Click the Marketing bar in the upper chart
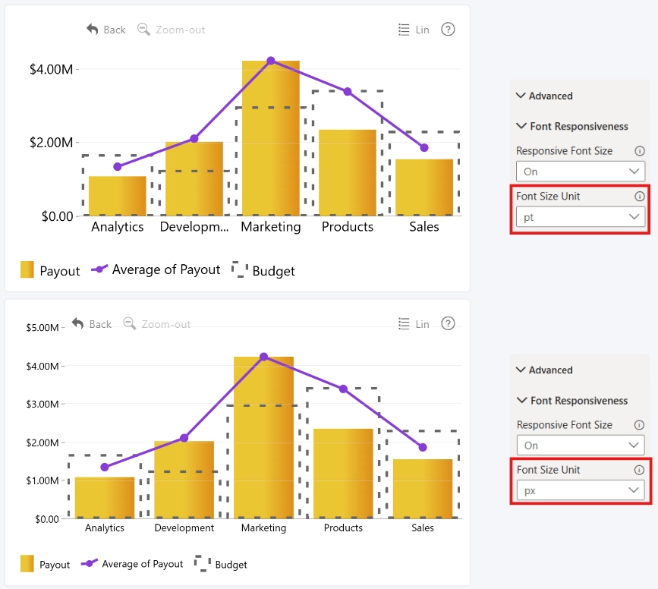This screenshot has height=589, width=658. click(271, 138)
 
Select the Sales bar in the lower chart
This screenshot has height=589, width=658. click(423, 489)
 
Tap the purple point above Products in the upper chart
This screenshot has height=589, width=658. click(348, 92)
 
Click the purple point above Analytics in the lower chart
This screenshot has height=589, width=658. click(105, 468)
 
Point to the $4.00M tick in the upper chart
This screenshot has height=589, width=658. click(51, 69)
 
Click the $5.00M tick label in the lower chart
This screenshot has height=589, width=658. click(43, 327)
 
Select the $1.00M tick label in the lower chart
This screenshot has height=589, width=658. click(43, 480)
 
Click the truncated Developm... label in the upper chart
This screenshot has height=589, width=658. click(194, 227)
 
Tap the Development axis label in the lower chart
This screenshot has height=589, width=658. click(184, 528)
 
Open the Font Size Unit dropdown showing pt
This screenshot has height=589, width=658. click(581, 217)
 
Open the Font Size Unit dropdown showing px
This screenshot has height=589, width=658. click(581, 490)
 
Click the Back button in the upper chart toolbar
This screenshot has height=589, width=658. click(105, 30)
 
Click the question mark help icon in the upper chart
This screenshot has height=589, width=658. click(448, 30)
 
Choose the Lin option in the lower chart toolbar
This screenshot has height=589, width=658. click(414, 324)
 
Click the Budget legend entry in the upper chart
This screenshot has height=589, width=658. click(263, 270)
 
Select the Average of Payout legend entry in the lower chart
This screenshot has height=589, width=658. click(132, 564)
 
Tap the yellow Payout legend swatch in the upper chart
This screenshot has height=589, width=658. click(27, 269)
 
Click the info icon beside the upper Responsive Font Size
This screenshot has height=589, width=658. click(640, 151)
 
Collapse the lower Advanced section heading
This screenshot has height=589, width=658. click(544, 370)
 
